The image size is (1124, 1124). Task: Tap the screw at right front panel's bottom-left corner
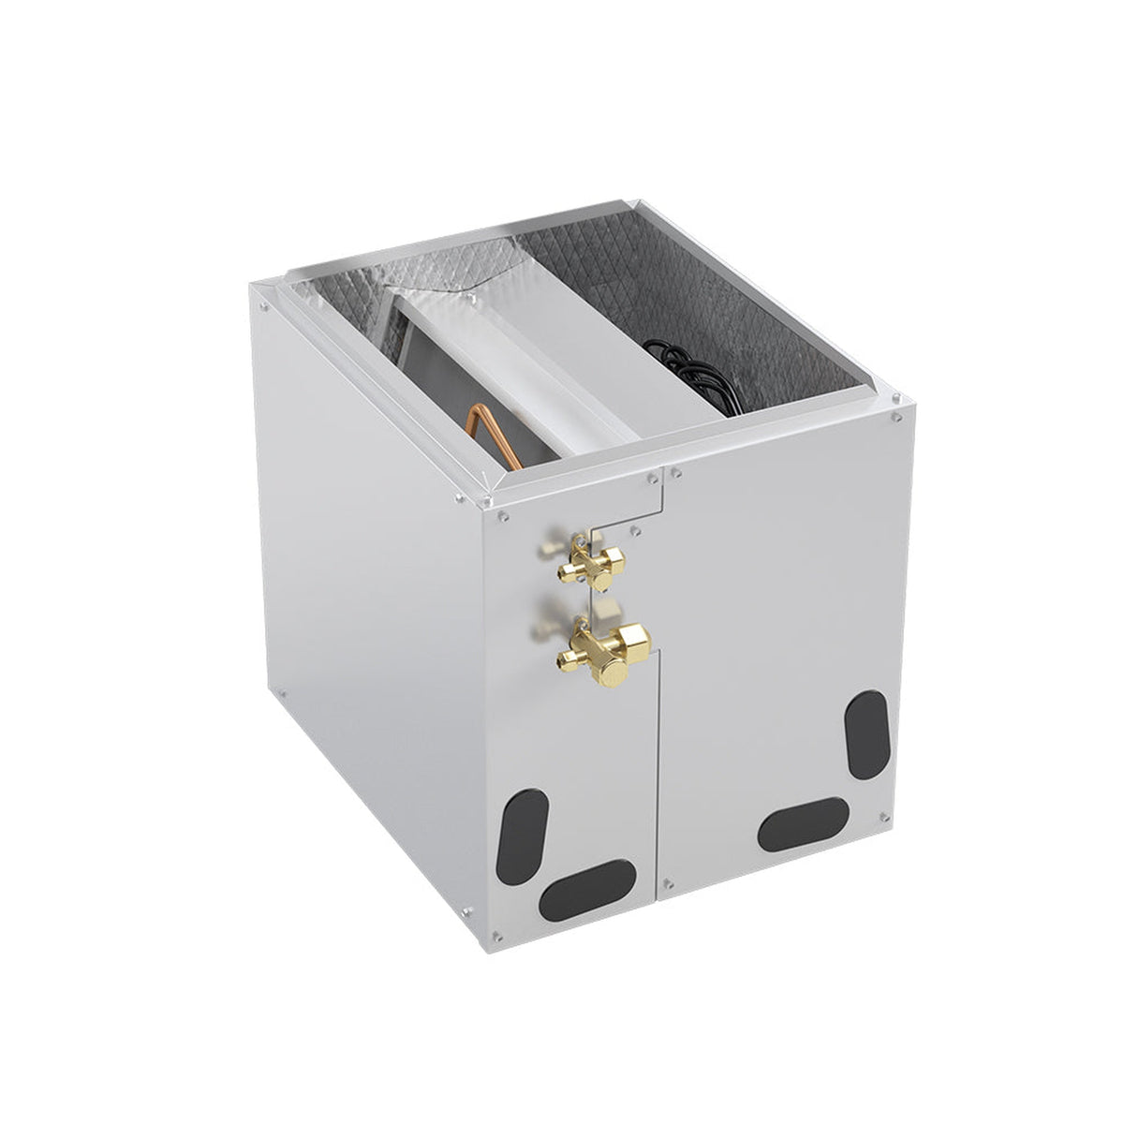pyautogui.click(x=667, y=880)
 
